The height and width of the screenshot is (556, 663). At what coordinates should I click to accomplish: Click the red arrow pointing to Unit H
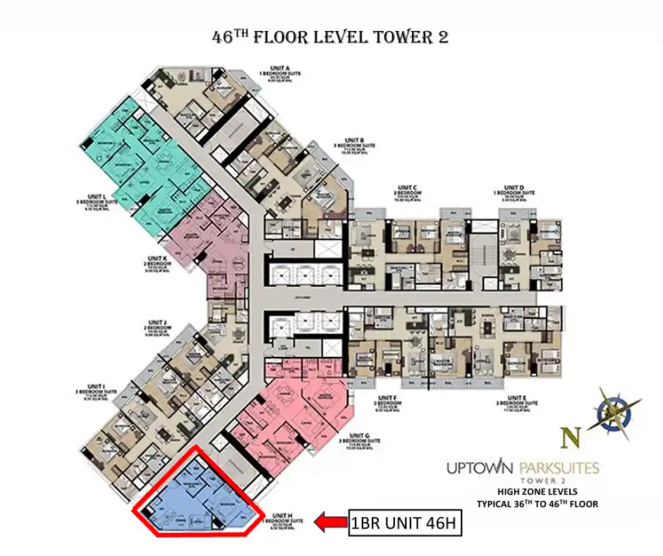(330, 523)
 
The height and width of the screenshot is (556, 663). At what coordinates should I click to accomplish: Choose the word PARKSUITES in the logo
(559, 468)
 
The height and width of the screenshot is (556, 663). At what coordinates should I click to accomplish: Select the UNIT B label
(354, 140)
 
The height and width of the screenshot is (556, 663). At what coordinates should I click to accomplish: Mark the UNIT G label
(360, 435)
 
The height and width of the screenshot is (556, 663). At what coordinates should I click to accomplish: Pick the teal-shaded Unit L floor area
(141, 162)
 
